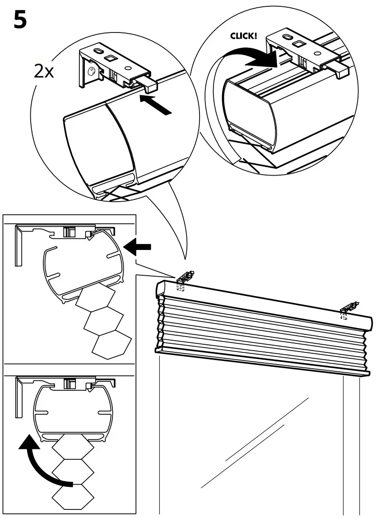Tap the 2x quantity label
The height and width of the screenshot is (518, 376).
44,72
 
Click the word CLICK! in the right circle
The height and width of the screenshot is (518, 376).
243,36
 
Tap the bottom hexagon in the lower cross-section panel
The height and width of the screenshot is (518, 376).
72,497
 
